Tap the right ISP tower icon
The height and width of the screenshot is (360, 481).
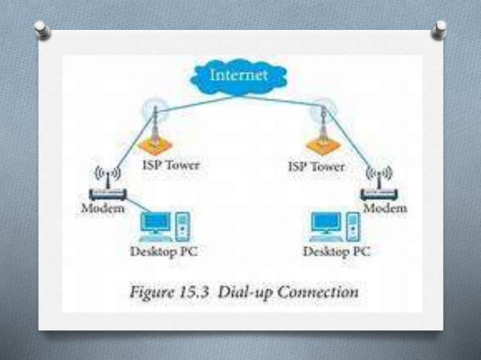click(x=323, y=131)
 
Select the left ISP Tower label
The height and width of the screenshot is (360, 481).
click(x=171, y=165)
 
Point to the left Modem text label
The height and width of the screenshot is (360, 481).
click(x=103, y=208)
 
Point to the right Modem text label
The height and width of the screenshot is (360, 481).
click(x=386, y=207)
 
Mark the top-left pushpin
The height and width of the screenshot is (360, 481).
click(x=44, y=30)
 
